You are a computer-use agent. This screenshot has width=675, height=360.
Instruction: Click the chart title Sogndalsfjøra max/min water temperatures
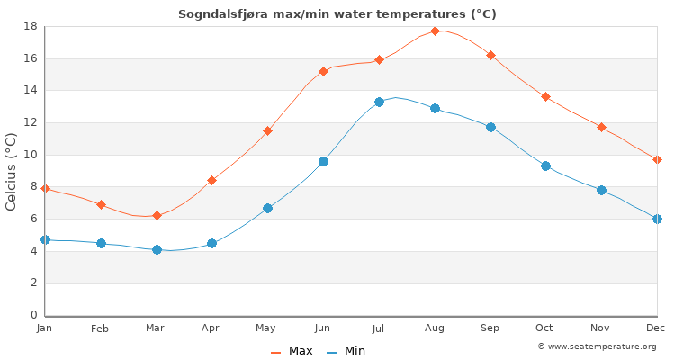click(x=337, y=14)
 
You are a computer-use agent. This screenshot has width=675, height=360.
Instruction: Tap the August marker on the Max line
click(x=435, y=31)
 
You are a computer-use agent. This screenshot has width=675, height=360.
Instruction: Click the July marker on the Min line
click(x=379, y=102)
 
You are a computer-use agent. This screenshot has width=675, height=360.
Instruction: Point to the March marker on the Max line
click(x=157, y=215)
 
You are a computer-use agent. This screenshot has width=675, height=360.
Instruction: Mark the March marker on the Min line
click(x=157, y=249)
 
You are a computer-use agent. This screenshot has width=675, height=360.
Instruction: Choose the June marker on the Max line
click(x=323, y=71)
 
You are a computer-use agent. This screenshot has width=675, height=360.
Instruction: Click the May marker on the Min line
click(x=267, y=208)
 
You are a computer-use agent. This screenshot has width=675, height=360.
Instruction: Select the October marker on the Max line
click(x=545, y=96)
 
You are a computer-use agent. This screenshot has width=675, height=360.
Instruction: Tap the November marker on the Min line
click(x=601, y=190)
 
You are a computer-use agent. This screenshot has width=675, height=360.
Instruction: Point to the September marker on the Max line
click(x=490, y=55)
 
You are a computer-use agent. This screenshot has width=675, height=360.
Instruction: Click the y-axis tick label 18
click(x=29, y=26)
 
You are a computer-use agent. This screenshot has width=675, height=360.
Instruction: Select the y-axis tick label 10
click(x=29, y=155)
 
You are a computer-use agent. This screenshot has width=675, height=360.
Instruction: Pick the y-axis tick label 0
click(x=32, y=315)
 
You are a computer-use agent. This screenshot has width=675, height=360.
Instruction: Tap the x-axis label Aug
click(x=435, y=328)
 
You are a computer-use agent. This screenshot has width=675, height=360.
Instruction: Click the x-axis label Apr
click(x=211, y=328)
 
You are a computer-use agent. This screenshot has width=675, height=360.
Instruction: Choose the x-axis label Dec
click(x=655, y=328)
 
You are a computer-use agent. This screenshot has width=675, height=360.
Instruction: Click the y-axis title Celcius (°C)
click(x=12, y=171)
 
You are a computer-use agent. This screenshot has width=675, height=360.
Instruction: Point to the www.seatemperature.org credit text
click(x=597, y=346)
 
